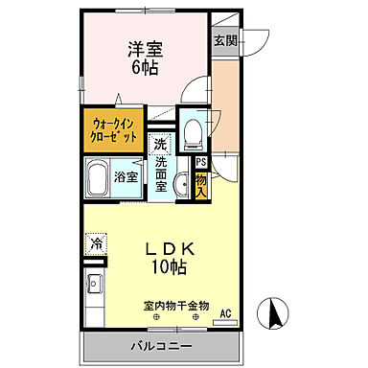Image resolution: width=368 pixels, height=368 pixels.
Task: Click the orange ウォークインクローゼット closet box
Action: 114,128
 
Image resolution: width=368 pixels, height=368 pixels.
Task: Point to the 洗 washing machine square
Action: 161,143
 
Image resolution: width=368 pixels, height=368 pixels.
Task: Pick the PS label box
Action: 201,163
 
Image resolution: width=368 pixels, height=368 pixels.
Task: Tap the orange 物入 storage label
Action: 201,182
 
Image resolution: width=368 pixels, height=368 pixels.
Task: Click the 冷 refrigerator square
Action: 97,243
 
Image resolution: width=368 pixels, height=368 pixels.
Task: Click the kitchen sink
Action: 95,285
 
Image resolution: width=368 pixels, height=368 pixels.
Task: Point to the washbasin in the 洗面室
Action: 180,186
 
